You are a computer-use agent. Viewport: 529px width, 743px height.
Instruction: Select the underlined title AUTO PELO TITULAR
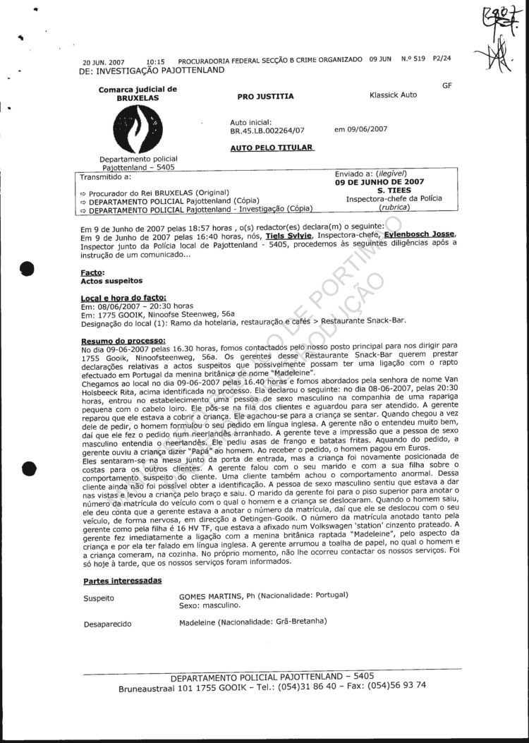click(272, 148)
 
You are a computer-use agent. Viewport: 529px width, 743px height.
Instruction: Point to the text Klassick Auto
click(392, 95)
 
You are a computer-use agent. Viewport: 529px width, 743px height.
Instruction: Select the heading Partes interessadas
click(122, 581)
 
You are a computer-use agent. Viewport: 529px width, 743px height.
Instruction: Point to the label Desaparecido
click(107, 624)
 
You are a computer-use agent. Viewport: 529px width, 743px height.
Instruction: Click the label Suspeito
click(99, 598)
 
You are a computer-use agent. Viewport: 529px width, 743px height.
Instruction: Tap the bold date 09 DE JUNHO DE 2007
click(380, 181)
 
